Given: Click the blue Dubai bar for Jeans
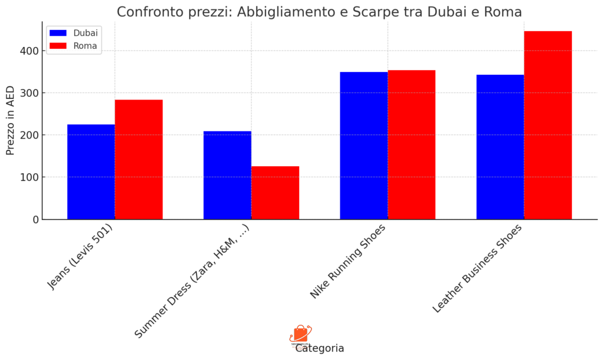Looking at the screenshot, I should pos(91,171).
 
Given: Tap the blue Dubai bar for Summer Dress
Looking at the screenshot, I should pos(227,175).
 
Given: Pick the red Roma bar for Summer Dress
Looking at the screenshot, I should pos(275,193).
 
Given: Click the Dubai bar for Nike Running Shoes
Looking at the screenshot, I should pos(364,146).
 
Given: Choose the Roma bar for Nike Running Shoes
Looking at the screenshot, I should pos(412,144).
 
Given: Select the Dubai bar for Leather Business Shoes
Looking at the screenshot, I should pos(500,147).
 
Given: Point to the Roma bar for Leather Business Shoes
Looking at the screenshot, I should pos(548,125).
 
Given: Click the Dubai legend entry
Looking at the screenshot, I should pos(74,33).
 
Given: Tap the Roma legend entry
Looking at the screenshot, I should pos(74,45).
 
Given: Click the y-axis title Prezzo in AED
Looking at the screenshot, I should pos(10,120).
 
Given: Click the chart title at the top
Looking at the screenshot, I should pos(319,12).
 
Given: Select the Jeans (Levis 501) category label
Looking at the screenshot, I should pos(80,256).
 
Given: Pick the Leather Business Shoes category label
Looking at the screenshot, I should pos(477,269).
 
